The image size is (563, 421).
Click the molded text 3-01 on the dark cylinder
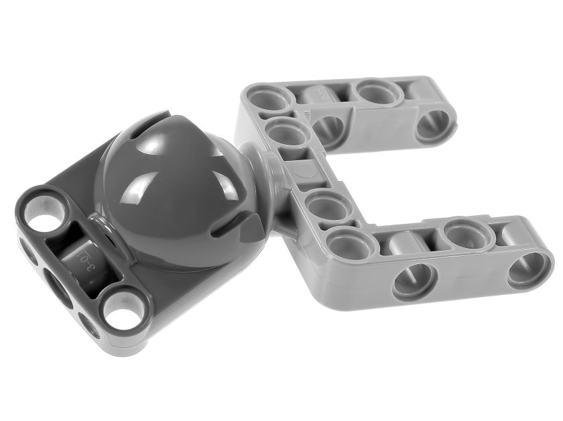[x=85, y=258]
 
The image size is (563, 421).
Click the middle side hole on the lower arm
[x=413, y=278]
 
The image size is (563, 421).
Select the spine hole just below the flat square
[x=322, y=204]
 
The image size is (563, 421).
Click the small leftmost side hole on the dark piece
[x=27, y=252]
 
